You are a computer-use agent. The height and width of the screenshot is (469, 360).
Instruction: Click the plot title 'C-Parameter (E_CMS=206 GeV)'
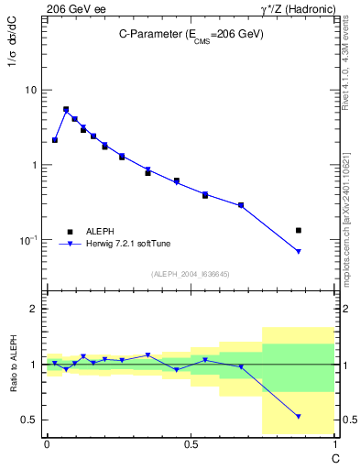(191, 34)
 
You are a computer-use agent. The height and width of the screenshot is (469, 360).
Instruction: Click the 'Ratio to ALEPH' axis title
(16, 364)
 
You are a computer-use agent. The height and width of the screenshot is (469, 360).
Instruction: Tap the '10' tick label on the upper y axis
(30, 90)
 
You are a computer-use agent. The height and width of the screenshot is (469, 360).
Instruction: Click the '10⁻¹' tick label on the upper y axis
(28, 239)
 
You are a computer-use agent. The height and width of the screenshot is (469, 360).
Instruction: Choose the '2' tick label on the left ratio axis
(34, 309)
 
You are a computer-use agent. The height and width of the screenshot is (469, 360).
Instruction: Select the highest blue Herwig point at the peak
(66, 110)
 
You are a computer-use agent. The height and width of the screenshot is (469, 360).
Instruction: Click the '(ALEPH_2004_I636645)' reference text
(190, 274)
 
